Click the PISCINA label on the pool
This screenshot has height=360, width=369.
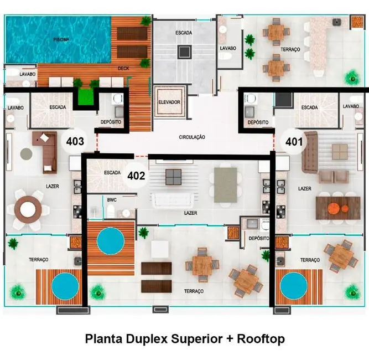[61, 40]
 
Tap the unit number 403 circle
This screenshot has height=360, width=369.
[75, 141]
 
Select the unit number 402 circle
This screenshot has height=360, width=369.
[136, 176]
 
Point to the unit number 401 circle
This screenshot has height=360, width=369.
[294, 141]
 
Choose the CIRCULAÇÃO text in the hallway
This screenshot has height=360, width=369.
[192, 136]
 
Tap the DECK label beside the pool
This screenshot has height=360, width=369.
[123, 69]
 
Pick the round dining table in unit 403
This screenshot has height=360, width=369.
[28, 209]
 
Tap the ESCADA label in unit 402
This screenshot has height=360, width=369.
[112, 173]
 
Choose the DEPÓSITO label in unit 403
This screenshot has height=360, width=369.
[111, 122]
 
